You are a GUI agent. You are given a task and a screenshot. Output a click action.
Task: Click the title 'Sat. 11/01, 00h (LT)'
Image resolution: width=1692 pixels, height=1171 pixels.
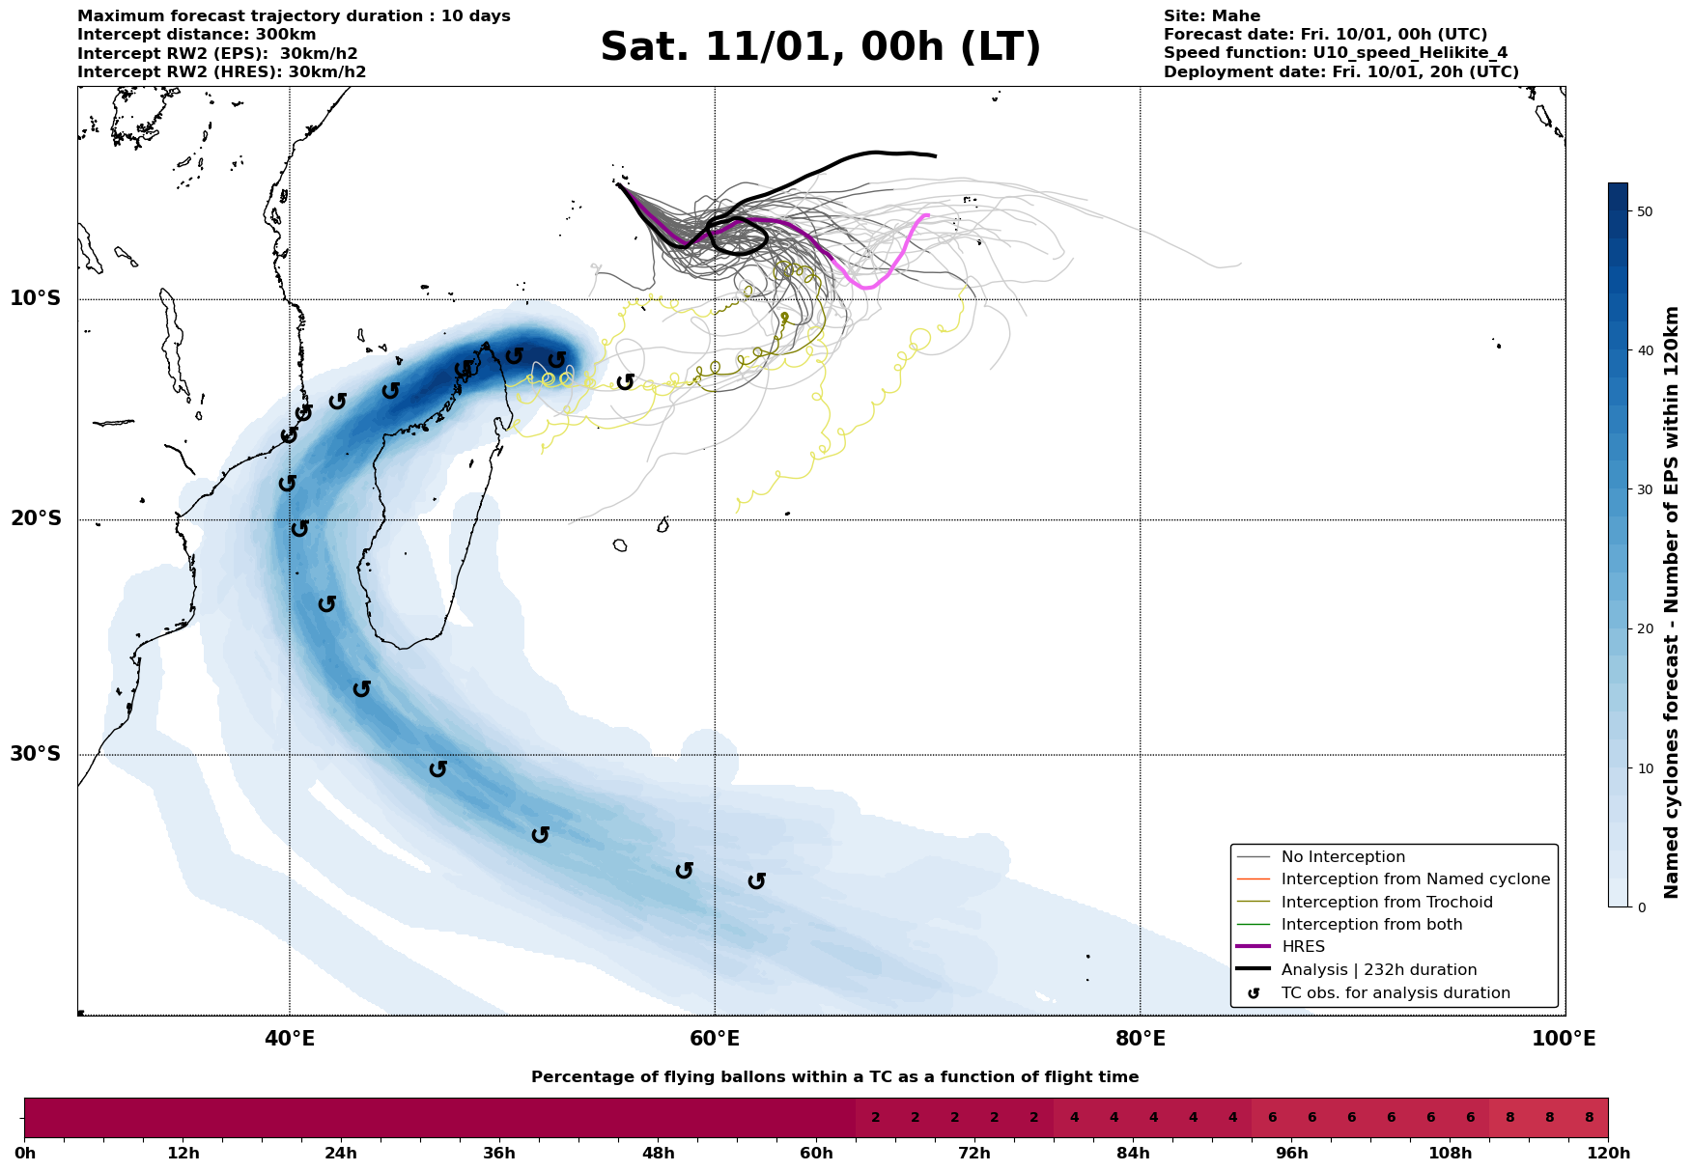point(820,47)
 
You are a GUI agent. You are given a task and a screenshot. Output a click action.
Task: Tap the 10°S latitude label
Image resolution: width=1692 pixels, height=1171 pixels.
point(36,298)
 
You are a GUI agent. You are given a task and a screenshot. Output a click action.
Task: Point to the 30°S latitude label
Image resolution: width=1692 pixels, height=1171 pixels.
point(36,754)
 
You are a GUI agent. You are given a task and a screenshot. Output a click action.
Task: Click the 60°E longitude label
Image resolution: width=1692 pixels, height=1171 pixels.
point(715,1039)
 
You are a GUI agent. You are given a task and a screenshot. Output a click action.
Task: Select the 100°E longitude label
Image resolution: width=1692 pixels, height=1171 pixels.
point(1564,1039)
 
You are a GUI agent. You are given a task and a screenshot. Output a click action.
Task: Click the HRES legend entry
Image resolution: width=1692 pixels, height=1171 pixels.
point(1303,947)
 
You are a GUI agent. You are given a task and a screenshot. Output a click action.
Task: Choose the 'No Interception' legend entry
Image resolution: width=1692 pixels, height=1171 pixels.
point(1342,857)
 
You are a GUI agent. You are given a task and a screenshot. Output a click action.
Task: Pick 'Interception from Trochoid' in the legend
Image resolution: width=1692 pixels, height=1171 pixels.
point(1386,903)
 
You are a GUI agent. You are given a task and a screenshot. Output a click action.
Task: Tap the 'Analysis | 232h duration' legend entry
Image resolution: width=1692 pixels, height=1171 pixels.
point(1378,970)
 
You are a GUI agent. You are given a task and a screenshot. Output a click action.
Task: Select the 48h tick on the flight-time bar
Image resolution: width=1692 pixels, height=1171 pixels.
point(658,1154)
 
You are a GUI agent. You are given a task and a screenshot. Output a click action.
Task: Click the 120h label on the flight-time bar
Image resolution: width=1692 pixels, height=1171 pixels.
point(1608,1154)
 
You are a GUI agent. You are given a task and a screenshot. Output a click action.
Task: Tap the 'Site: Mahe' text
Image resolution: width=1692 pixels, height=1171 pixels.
point(1211,16)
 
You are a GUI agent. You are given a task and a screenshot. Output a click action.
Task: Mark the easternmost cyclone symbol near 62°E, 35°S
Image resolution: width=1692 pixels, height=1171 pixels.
point(757,880)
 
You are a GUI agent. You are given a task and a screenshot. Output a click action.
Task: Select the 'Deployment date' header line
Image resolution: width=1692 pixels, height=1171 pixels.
point(1340,72)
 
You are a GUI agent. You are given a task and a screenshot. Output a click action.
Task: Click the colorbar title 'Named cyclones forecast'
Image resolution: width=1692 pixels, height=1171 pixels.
point(1672,602)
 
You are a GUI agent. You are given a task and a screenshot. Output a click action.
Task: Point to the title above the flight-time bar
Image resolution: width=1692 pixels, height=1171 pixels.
point(834,1077)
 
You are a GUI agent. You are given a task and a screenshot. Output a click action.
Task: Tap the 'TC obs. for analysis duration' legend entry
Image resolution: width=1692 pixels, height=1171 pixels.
point(1395,993)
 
